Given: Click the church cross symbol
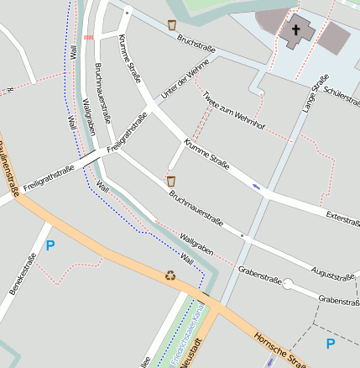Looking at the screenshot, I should (x=295, y=31).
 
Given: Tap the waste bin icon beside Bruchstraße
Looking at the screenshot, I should (x=172, y=25).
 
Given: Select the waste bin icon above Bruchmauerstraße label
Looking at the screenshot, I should (x=170, y=181).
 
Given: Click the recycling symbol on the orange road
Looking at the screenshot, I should (x=171, y=274).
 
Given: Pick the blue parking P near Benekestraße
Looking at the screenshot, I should (x=50, y=246).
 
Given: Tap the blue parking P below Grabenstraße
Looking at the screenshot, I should (x=330, y=344).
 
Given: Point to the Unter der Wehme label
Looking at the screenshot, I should (x=185, y=85).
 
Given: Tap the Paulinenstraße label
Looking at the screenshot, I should (x=10, y=175).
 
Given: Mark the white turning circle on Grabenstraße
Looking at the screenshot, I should (x=288, y=284).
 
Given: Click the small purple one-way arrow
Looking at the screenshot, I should (x=256, y=186).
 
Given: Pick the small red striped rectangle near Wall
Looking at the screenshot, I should (x=89, y=38).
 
